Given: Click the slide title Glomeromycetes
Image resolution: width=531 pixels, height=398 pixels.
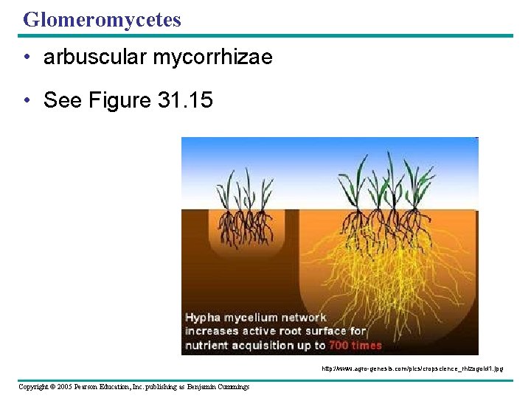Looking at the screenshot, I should (x=102, y=20).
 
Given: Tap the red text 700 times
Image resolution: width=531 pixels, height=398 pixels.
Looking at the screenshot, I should (x=355, y=345).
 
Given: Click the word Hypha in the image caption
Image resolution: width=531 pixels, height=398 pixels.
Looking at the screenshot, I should (x=203, y=318).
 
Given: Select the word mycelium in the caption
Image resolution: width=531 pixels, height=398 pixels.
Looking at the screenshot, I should (x=252, y=318).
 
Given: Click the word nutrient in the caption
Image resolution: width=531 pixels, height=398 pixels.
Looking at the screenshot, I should (x=209, y=345).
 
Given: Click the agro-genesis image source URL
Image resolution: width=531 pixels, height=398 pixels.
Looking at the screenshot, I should (x=412, y=367).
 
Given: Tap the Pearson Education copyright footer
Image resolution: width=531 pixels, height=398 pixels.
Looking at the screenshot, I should (x=133, y=386).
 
